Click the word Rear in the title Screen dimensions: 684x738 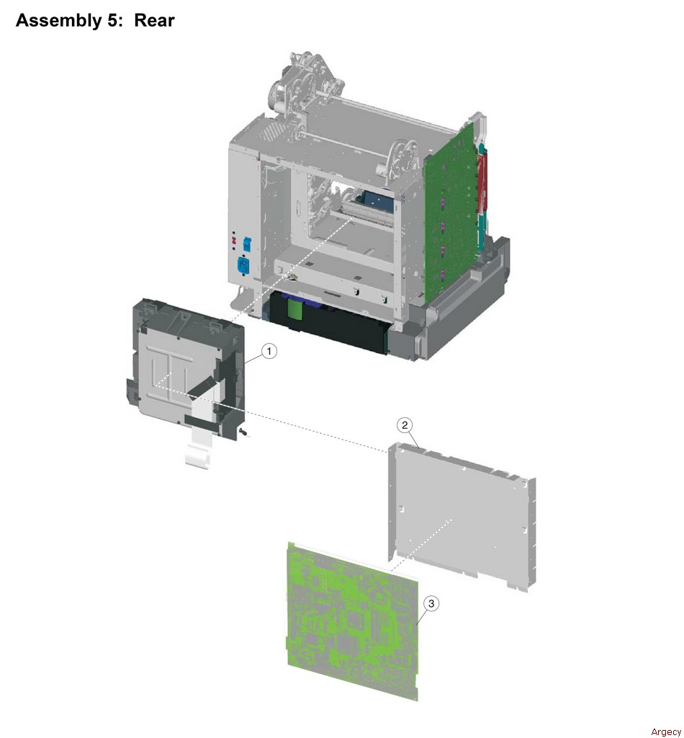(x=154, y=20)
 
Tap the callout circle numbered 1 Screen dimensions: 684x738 (x=269, y=351)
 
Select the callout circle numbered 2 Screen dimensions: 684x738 (x=405, y=425)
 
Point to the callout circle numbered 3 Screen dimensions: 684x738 (x=431, y=603)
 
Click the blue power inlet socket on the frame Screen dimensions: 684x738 (x=243, y=266)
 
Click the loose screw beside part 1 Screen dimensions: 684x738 (x=243, y=432)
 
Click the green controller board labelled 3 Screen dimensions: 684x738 (x=352, y=621)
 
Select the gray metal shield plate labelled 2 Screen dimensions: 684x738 (x=462, y=515)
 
